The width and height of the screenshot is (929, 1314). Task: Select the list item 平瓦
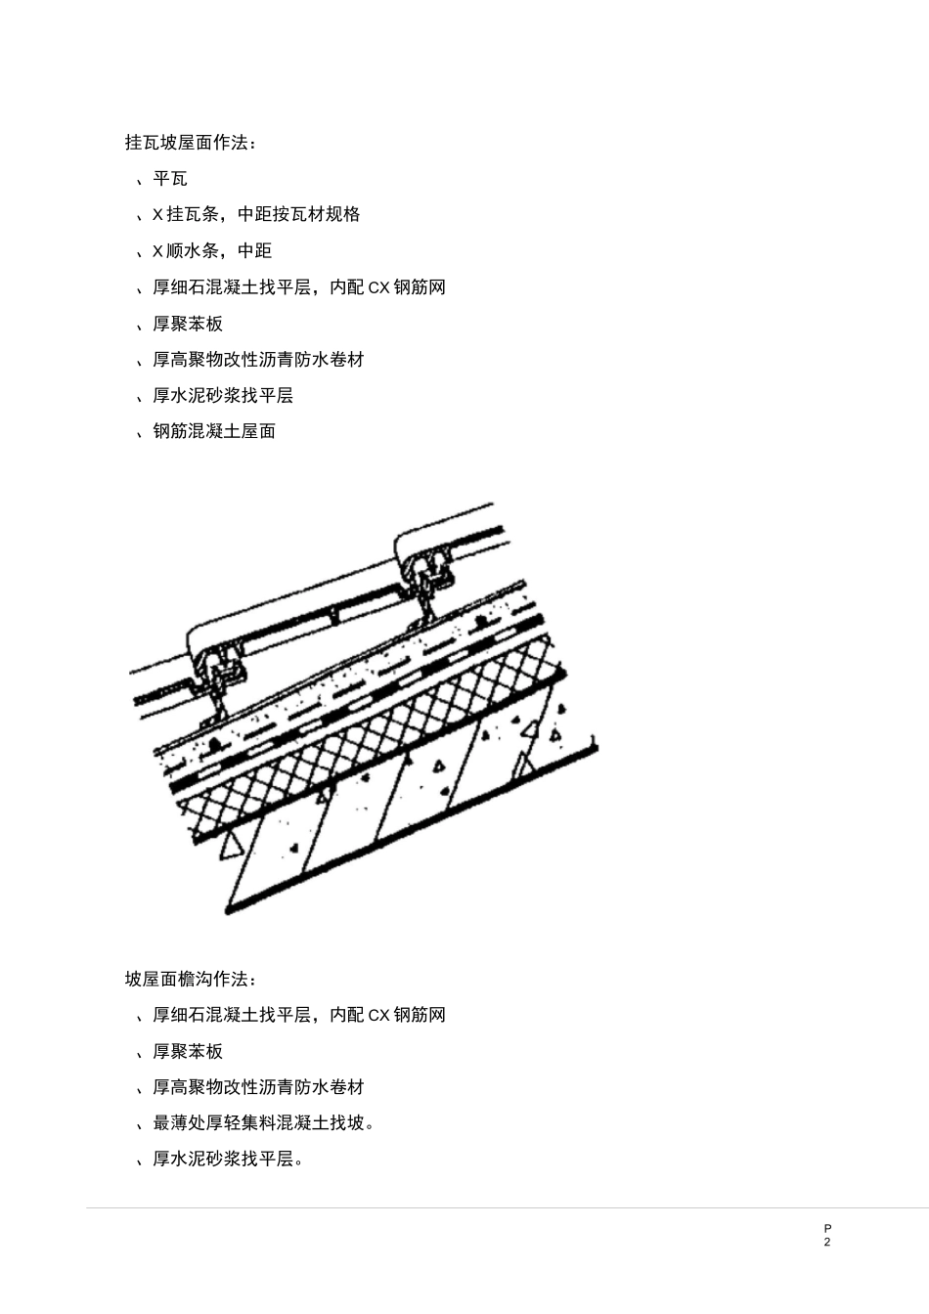[170, 179]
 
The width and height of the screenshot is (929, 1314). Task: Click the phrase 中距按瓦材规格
[299, 215]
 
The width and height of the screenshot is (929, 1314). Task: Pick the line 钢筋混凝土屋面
[214, 431]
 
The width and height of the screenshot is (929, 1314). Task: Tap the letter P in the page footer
[827, 1228]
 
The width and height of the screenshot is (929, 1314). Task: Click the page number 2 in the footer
[827, 1243]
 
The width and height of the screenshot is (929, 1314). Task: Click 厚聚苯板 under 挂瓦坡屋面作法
[188, 324]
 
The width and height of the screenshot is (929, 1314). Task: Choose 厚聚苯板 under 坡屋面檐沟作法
[188, 1052]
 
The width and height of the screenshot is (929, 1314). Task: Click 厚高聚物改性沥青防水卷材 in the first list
[258, 360]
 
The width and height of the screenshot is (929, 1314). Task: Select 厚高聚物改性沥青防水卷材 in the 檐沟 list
[258, 1088]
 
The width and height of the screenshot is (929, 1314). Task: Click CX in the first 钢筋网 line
[378, 287]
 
